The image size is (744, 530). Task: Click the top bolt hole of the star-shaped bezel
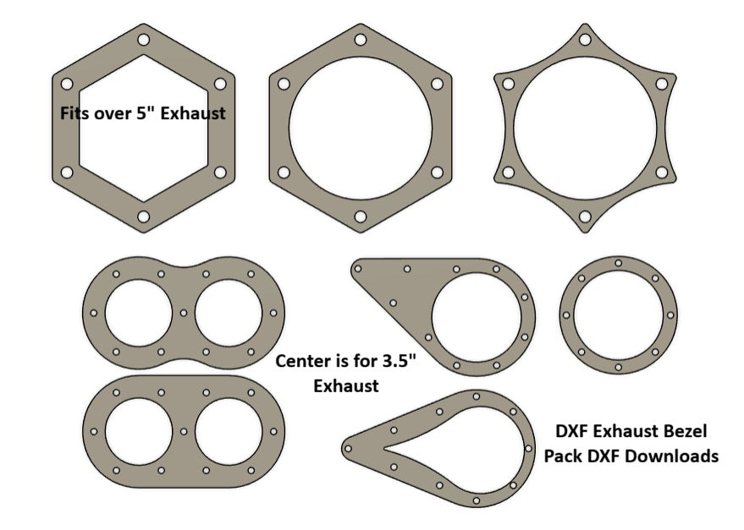point(584,40)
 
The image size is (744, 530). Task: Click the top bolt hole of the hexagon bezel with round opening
point(360,40)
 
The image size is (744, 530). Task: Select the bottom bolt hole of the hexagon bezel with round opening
point(360,218)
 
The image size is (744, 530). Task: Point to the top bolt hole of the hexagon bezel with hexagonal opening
point(143,40)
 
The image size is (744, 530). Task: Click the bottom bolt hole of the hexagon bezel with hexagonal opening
point(143,217)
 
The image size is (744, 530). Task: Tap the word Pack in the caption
point(561,456)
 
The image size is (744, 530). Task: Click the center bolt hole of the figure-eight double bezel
point(185,313)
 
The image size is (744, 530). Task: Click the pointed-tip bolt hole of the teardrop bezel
point(348,446)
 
